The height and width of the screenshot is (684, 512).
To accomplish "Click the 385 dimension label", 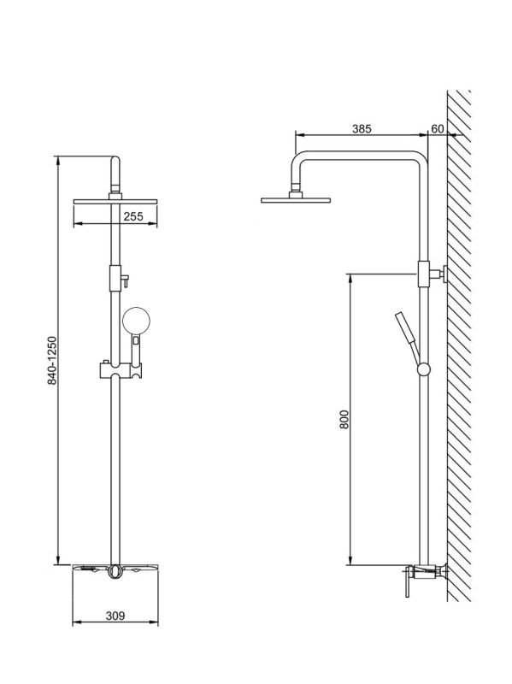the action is coord(362,129).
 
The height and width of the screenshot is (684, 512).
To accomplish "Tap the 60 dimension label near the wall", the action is coord(437,129).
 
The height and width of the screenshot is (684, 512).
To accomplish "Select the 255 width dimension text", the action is coord(133,216).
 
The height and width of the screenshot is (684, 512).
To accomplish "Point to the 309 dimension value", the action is coord(115,616).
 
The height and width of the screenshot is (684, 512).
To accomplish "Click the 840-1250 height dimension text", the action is coord(52,360).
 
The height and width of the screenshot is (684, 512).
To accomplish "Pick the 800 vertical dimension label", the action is coord(344,419).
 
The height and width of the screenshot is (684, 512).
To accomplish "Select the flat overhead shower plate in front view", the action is coord(115,201).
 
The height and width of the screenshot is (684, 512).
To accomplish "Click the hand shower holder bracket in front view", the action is coord(121,370).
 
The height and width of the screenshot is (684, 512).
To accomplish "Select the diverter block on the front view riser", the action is coord(115,279).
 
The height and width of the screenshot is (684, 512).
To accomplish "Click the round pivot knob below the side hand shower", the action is coord(423,369).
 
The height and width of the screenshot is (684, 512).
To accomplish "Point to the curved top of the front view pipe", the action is coord(115,161).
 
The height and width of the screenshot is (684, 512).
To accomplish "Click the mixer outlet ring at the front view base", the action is coord(115,572).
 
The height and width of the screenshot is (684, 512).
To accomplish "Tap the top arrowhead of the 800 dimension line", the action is coord(350,277).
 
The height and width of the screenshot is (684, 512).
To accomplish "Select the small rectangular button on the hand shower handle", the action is coord(137,339).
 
